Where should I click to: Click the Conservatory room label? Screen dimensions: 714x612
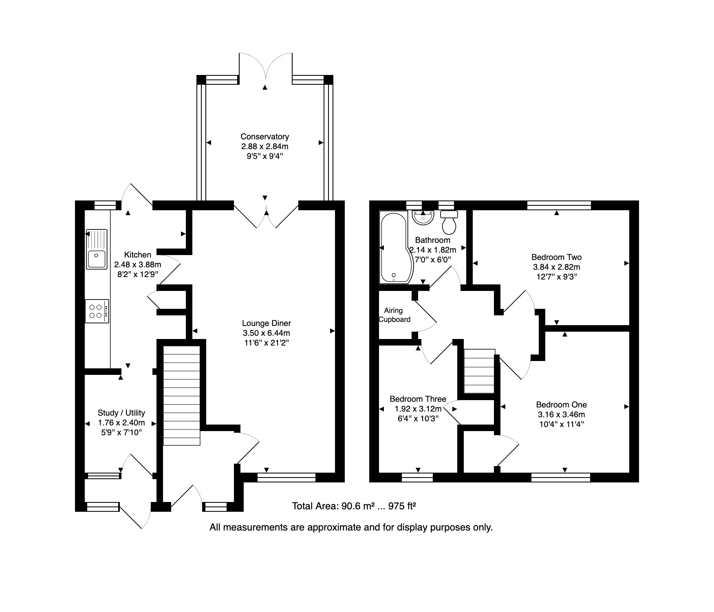264,137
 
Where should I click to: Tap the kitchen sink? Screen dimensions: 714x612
97,249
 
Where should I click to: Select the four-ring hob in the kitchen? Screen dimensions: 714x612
97,311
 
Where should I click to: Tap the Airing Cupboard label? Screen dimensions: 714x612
394,315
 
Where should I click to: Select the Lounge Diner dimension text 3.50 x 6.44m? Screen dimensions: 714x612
266,333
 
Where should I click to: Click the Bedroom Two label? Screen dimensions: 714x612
556,257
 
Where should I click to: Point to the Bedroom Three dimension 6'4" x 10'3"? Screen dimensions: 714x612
418,418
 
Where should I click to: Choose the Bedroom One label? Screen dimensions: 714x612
561,405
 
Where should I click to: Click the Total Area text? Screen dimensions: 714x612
354,506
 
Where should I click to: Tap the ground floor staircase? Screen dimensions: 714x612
182,396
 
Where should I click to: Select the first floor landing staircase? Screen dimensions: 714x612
480,371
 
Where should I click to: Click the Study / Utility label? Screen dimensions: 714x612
121,413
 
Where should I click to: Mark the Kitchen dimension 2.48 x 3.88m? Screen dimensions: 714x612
137,264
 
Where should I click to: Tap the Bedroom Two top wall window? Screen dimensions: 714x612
559,205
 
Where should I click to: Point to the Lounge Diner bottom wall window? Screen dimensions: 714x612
286,477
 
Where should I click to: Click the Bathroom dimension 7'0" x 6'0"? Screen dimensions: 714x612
432,260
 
